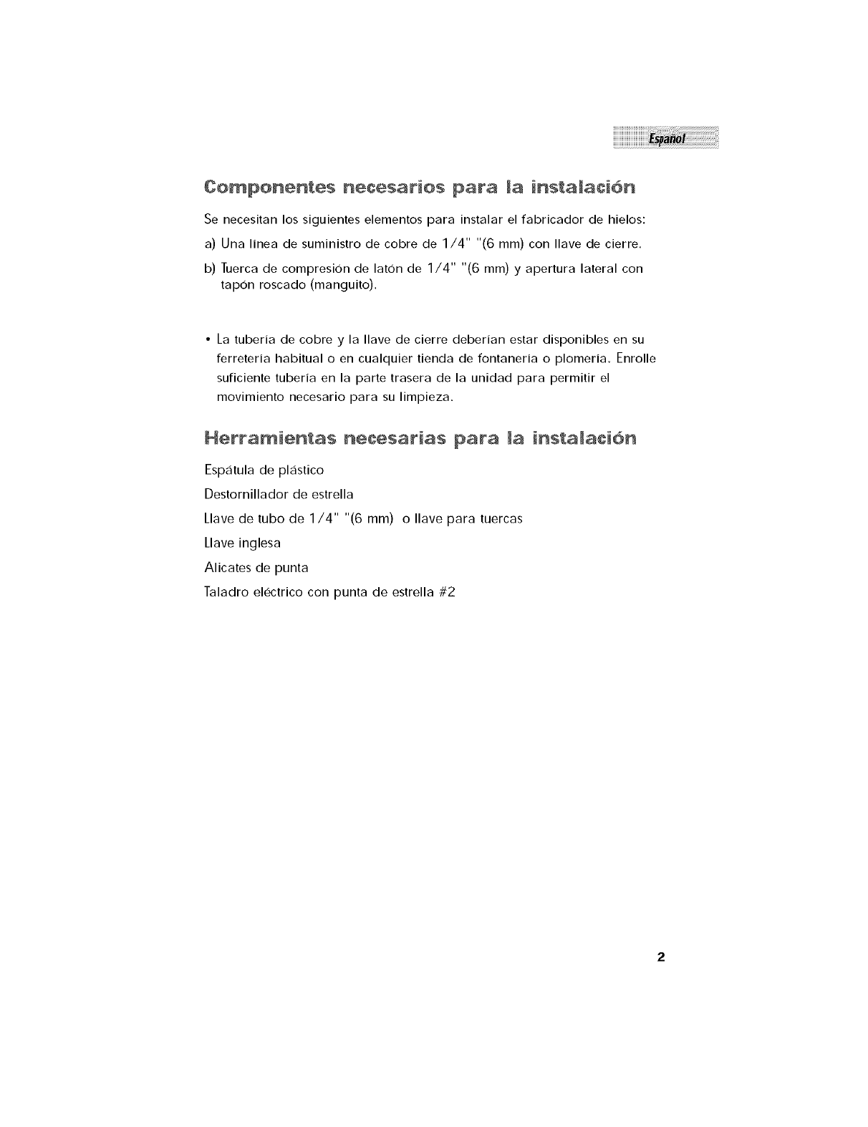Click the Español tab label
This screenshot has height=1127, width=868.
[666, 138]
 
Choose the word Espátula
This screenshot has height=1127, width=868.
[228, 470]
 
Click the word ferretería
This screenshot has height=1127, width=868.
[246, 357]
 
